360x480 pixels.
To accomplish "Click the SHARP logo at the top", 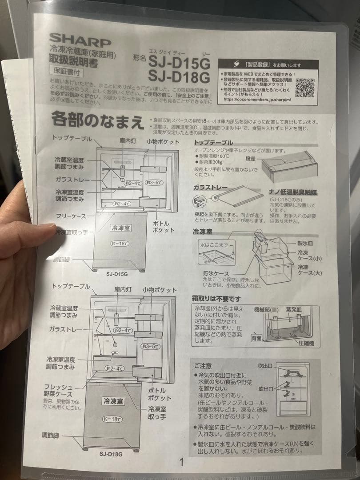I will pos(80,40).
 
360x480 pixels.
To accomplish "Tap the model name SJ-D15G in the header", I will pos(178,60).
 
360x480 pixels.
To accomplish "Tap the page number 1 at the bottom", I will pos(181,462).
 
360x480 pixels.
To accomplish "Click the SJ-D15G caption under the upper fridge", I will pos(117,274).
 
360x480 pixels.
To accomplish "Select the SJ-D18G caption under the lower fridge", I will pos(111,454).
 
